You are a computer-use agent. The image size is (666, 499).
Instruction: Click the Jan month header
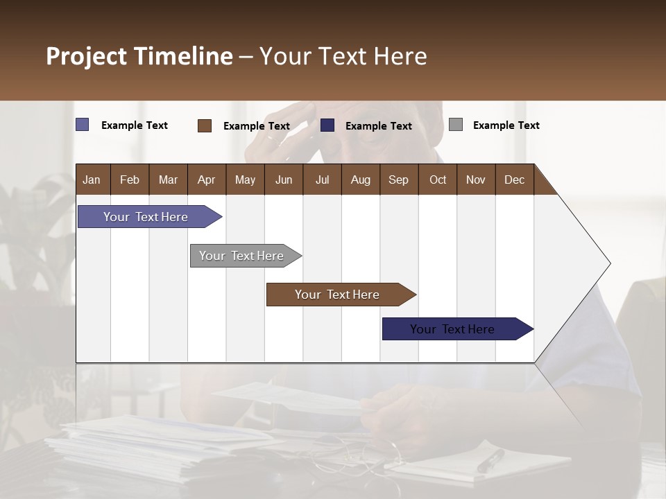point(92,180)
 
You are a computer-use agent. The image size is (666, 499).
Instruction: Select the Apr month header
point(206,180)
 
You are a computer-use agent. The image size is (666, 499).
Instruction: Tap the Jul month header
point(322,180)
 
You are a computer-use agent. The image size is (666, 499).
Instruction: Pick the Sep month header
point(398,180)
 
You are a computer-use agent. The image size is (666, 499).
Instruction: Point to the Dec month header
point(514,180)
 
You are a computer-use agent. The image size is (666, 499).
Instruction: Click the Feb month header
point(130,180)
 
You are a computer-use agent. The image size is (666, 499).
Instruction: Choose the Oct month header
point(438,180)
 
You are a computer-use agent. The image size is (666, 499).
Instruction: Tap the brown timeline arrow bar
point(338,295)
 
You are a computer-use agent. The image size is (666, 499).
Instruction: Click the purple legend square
point(83,125)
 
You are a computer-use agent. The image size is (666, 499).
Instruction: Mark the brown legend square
point(205,125)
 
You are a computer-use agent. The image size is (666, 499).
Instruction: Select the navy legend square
point(327,125)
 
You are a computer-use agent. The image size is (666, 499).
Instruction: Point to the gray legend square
point(456,125)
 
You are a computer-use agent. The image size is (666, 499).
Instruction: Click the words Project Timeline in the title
point(139,56)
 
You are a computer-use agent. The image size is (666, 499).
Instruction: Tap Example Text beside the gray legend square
point(506,125)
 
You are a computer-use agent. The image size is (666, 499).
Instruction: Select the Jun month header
point(284,180)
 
